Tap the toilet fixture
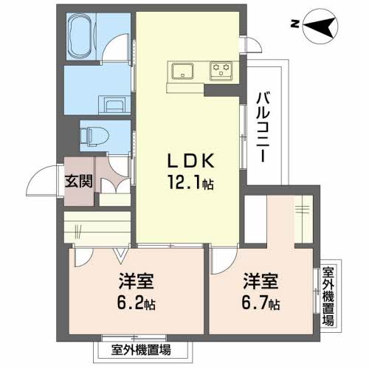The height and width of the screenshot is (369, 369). [94, 136]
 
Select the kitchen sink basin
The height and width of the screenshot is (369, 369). [182, 71]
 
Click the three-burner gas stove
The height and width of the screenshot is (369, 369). [221, 72]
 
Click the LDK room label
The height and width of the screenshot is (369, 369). [190, 161]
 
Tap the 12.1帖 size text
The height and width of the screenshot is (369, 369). [190, 182]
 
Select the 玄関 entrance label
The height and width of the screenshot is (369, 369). [79, 181]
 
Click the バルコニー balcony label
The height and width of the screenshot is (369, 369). [263, 127]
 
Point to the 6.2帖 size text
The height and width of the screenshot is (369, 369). [136, 303]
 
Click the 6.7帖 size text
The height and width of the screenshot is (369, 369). [261, 303]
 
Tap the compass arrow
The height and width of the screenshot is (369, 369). [319, 27]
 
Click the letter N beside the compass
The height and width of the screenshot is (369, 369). [294, 24]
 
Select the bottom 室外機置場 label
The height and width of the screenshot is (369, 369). [141, 350]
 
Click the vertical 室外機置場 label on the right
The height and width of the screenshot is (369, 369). [328, 296]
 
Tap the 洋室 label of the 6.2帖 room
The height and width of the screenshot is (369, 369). [136, 280]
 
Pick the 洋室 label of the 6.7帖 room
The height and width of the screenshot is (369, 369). [261, 280]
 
